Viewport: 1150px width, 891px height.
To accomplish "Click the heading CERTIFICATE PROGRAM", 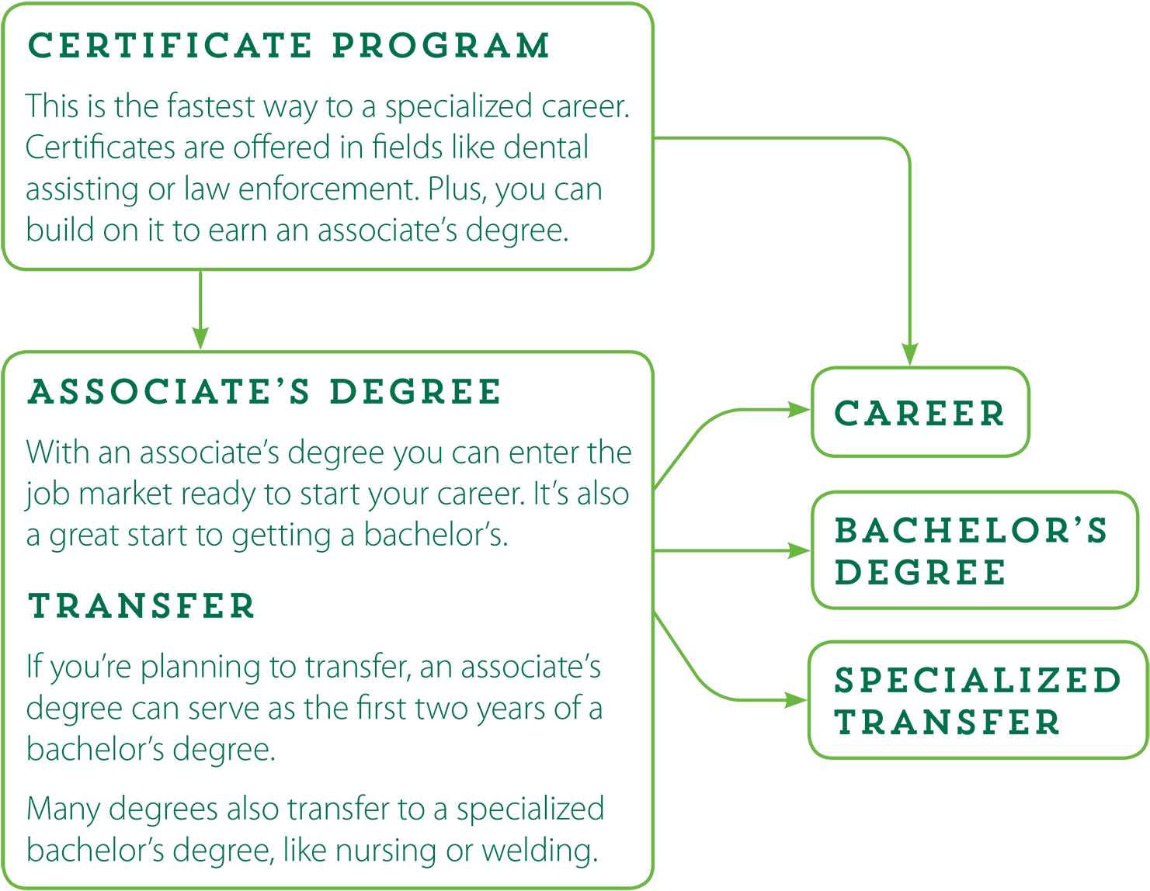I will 288,46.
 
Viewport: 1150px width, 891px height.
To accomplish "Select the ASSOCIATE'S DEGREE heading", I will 264,393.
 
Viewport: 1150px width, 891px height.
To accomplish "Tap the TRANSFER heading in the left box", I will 141,606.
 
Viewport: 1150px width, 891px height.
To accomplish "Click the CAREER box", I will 920,412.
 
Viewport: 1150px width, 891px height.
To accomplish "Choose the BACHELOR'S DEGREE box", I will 974,550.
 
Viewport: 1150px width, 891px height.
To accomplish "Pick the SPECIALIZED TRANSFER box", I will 978,700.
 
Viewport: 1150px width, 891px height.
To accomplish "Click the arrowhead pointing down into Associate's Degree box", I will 200,338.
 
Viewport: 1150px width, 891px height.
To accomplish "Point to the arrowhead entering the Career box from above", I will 909,355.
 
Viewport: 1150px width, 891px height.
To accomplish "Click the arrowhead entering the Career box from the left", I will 800,410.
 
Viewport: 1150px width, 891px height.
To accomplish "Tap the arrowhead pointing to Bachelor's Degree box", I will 800,550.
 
